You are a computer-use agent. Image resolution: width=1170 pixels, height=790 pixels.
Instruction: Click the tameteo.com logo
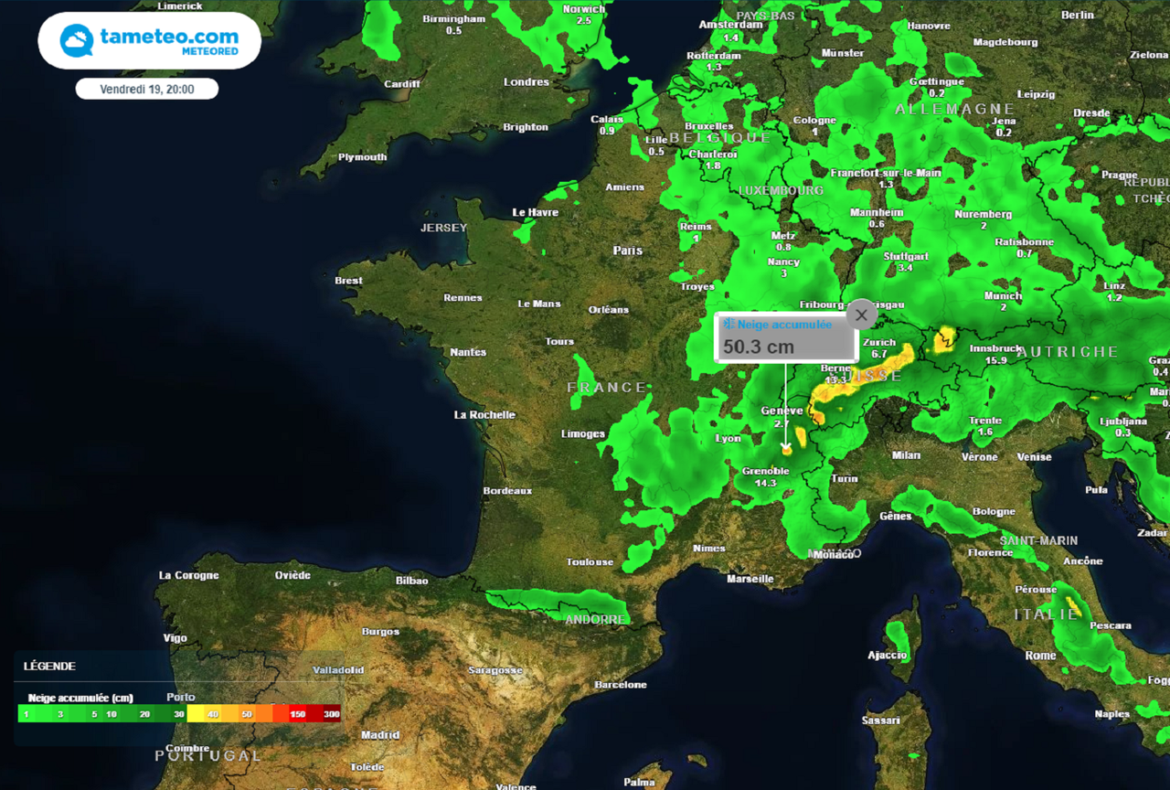pyautogui.click(x=149, y=40)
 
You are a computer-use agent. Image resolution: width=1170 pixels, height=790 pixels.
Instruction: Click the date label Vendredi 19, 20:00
pyautogui.click(x=146, y=89)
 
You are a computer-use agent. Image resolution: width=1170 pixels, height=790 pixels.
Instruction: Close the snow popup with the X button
pyautogui.click(x=861, y=315)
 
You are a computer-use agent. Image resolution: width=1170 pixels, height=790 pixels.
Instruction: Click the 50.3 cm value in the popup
pyautogui.click(x=759, y=347)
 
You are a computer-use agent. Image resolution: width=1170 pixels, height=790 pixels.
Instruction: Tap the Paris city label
pyautogui.click(x=628, y=251)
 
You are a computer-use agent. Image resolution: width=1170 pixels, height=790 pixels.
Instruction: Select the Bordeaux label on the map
pyautogui.click(x=507, y=491)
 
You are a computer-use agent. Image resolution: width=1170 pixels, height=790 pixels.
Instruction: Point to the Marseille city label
pyautogui.click(x=750, y=579)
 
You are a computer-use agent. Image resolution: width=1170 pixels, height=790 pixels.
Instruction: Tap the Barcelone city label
pyautogui.click(x=621, y=685)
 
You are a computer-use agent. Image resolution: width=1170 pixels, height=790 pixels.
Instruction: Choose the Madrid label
pyautogui.click(x=380, y=735)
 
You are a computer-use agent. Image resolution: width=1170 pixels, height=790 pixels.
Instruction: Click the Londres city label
pyautogui.click(x=526, y=82)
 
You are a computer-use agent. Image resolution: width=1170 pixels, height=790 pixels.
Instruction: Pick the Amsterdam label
pyautogui.click(x=730, y=25)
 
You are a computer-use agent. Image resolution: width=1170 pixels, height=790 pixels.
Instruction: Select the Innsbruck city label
pyautogui.click(x=995, y=348)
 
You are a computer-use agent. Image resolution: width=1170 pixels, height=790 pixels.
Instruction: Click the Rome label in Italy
pyautogui.click(x=1040, y=656)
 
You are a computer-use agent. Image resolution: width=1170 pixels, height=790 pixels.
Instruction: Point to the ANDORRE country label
pyautogui.click(x=595, y=619)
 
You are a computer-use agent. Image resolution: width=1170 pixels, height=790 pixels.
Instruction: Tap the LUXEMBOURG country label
pyautogui.click(x=782, y=190)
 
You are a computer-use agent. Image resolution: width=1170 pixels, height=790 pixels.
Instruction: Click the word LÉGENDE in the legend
pyautogui.click(x=49, y=667)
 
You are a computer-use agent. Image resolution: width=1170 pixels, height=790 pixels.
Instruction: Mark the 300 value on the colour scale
pyautogui.click(x=331, y=714)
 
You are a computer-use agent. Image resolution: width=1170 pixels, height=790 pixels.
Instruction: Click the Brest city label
pyautogui.click(x=348, y=281)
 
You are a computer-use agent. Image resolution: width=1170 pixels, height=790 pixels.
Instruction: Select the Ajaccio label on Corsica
pyautogui.click(x=887, y=655)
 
